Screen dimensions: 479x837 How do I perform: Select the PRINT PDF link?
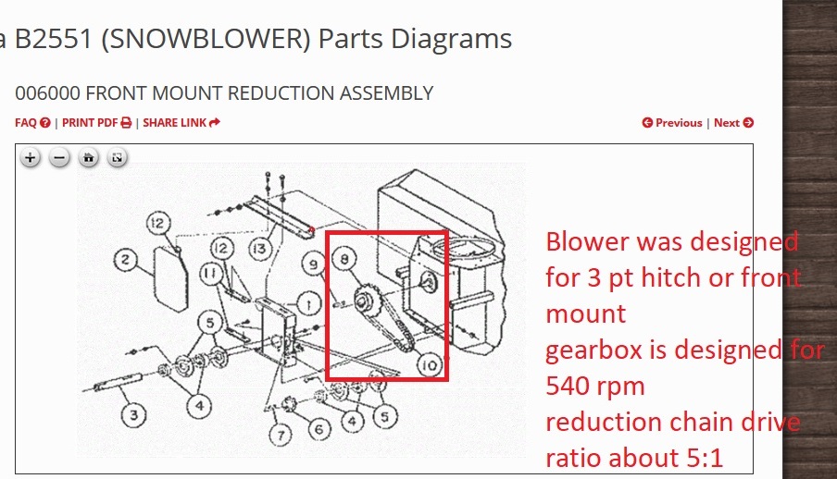point(96,122)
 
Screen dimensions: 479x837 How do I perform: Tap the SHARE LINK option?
point(181,122)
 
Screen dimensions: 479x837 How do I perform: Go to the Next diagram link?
point(733,122)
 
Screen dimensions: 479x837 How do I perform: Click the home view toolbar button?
point(88,158)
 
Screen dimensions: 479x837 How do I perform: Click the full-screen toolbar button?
point(117,158)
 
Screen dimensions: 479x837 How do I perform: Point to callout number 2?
point(127,261)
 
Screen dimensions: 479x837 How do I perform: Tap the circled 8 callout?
point(344,261)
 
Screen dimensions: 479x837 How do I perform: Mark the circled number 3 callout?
point(134,414)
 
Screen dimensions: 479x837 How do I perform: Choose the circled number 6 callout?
point(319,428)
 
